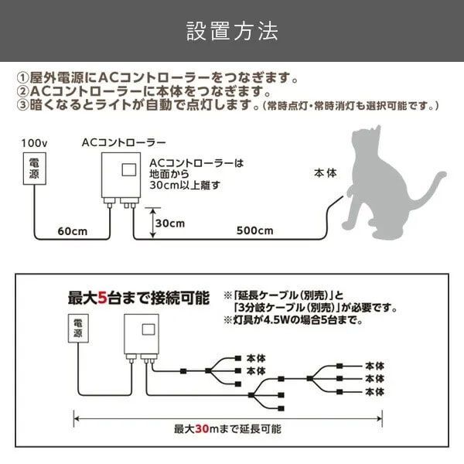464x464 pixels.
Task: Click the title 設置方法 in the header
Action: tap(232, 31)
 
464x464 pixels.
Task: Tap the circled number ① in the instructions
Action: tap(22, 78)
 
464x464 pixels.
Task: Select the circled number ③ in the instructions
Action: tap(22, 104)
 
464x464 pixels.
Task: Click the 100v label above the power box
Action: tap(34, 144)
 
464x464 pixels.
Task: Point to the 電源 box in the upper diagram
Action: tap(35, 169)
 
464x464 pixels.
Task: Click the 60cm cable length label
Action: tap(73, 231)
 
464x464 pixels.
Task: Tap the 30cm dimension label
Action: tap(170, 223)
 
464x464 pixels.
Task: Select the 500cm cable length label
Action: tap(254, 230)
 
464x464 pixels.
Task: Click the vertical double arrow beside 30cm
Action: tap(152, 223)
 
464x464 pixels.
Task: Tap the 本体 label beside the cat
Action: tap(326, 173)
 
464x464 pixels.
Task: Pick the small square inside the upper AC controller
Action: tap(129, 170)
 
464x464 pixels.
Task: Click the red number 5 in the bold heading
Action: tap(102, 298)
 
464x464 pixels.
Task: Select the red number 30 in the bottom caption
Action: tap(202, 428)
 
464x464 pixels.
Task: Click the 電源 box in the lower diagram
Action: tap(78, 329)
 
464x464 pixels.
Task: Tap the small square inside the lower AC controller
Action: tap(148, 329)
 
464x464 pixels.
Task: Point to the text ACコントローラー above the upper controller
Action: tap(124, 143)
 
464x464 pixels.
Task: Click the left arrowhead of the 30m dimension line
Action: tap(76, 418)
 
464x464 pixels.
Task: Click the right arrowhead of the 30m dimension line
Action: tap(380, 418)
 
